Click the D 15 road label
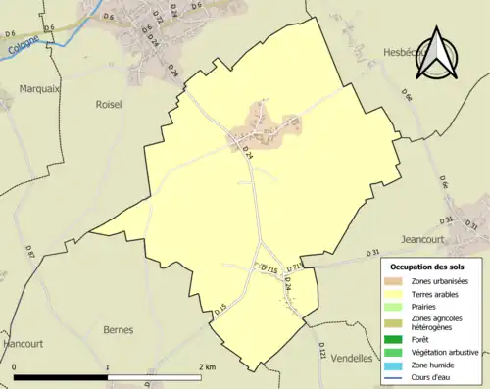coord(220,309)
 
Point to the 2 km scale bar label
coord(206,366)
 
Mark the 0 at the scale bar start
coord(15,366)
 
